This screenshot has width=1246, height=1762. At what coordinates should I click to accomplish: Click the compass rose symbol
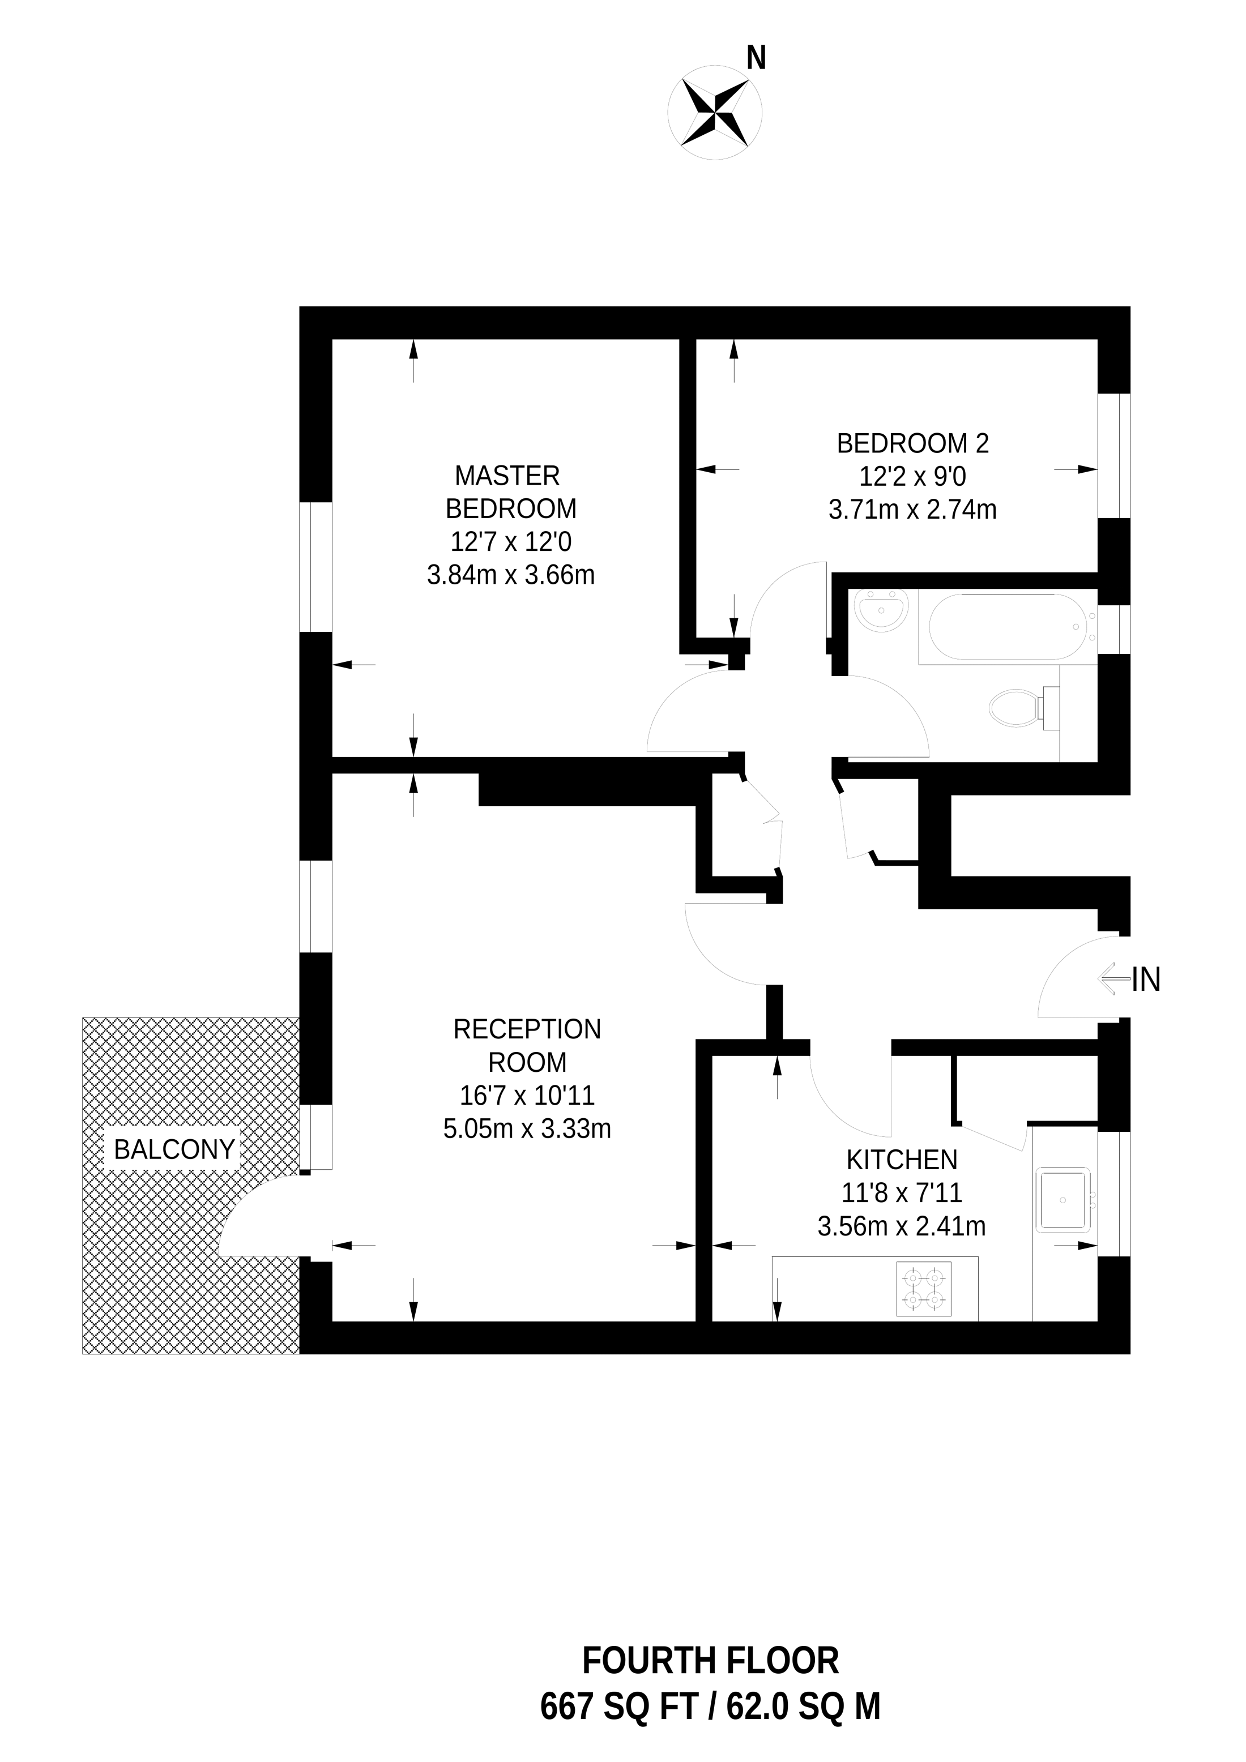715,112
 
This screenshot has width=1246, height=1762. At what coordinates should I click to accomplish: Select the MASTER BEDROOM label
510,492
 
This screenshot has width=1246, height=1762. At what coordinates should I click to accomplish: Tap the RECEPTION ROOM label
527,1045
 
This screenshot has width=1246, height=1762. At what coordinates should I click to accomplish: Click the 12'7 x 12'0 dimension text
510,542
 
